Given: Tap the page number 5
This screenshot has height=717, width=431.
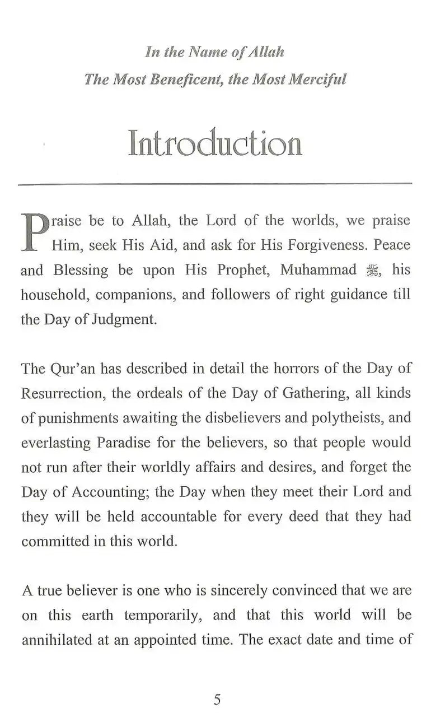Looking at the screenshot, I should tap(217, 699).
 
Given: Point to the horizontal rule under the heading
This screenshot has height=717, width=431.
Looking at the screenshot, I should tap(215, 184).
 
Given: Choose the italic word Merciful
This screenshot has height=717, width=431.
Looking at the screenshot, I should tap(316, 79).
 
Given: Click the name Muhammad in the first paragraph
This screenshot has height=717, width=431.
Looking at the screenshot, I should tap(318, 269).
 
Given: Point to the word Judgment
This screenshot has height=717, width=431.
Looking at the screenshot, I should tap(125, 319).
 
